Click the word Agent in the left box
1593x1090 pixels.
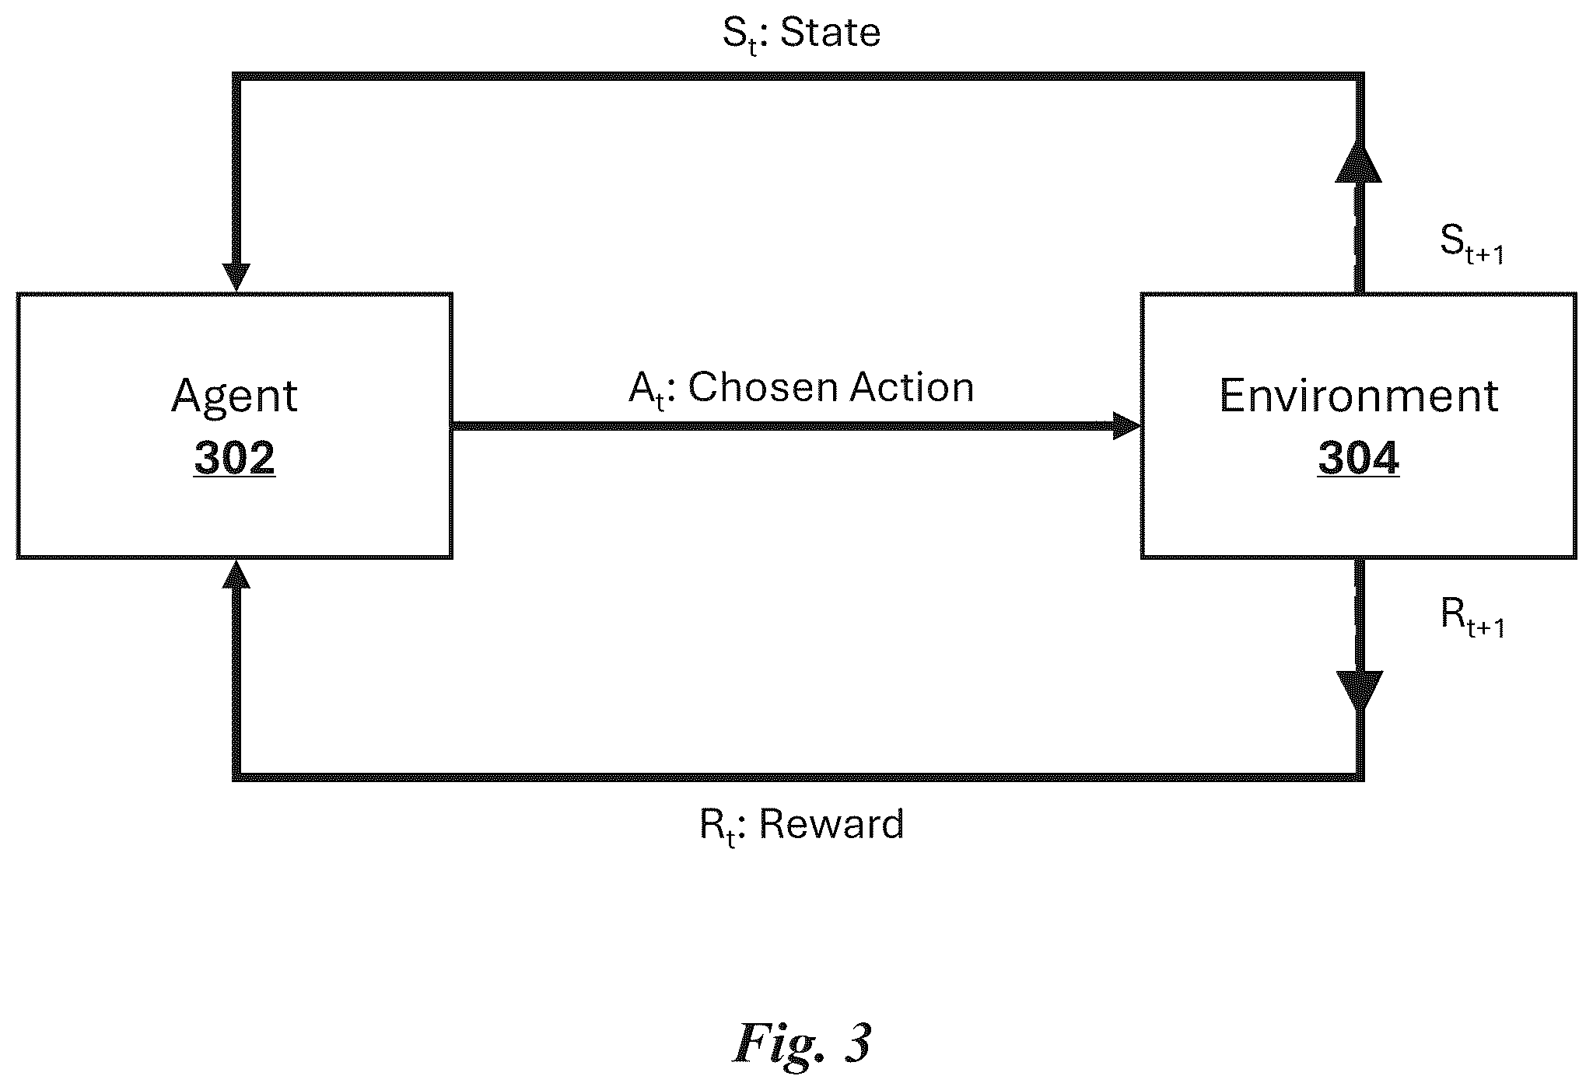(x=234, y=397)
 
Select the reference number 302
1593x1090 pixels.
(x=234, y=457)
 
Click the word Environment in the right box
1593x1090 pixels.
(x=1358, y=396)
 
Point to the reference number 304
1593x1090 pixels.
(x=1358, y=457)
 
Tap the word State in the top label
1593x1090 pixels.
(x=830, y=33)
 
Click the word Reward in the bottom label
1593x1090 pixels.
(x=832, y=824)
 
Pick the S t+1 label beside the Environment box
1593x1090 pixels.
(x=1472, y=245)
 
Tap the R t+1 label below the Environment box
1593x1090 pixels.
(x=1472, y=618)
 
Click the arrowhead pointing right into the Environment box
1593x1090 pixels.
(x=1127, y=426)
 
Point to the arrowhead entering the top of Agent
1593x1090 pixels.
(x=236, y=278)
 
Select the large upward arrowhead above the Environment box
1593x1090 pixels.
(x=1358, y=160)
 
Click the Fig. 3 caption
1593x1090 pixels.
(x=802, y=1043)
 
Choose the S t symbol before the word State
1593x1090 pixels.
(x=740, y=35)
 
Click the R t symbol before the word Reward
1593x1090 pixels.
(x=717, y=827)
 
